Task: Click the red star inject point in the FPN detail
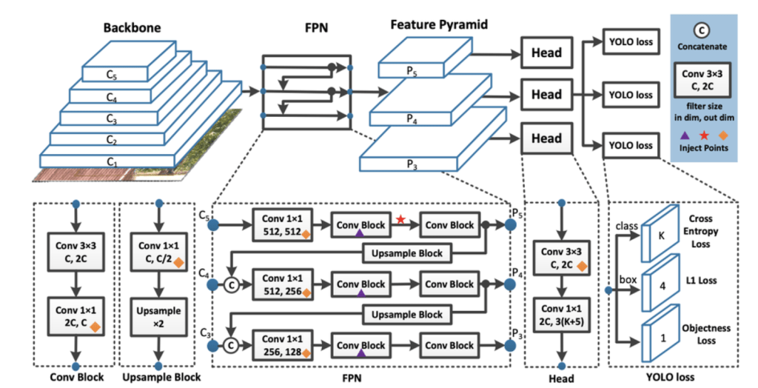tap(401, 218)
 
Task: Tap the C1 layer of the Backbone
tap(111, 161)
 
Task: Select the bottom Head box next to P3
tap(546, 138)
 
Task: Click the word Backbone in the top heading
tap(133, 29)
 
